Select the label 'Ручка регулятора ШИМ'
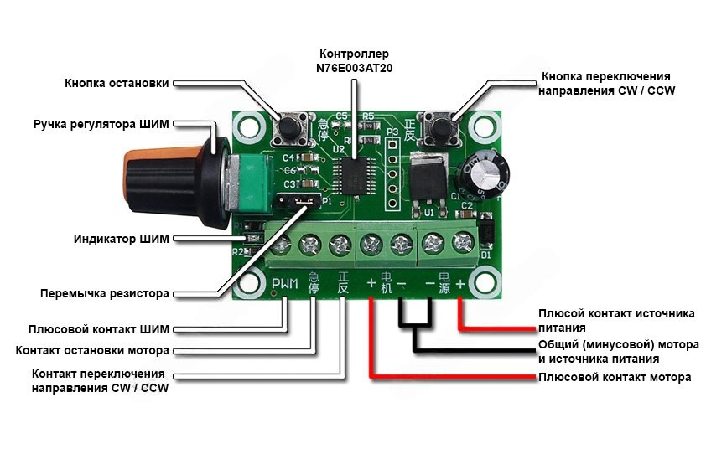click(101, 124)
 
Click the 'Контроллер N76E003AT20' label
click(354, 60)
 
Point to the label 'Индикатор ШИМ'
click(121, 240)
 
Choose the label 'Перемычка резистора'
click(105, 294)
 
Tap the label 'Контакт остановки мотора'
click(92, 349)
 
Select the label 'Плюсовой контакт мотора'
click(614, 378)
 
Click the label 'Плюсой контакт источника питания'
click(616, 320)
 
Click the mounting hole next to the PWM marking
click(250, 282)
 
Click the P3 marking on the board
click(392, 133)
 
